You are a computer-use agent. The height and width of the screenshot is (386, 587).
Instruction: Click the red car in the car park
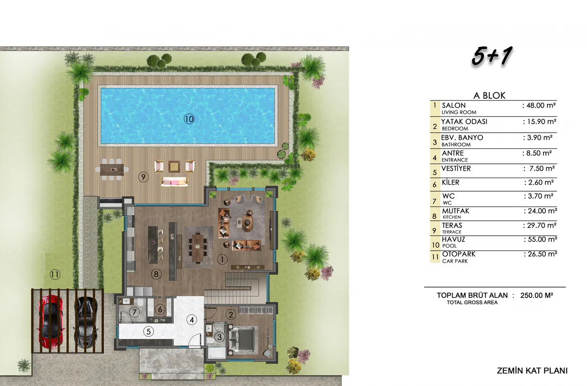tap(51, 322)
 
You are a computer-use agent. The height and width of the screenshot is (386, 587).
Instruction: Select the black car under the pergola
tap(86, 322)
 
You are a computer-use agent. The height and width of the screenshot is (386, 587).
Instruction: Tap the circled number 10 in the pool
tap(189, 119)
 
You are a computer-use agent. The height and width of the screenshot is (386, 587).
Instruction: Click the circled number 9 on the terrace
tap(143, 177)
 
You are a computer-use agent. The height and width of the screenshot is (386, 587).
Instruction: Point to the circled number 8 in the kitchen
tap(156, 274)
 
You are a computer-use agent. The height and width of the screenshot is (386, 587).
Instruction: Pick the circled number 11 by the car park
tap(55, 274)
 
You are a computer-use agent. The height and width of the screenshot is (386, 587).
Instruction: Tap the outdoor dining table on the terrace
tap(112, 170)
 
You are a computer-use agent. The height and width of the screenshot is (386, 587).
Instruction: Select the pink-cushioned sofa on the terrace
tap(175, 182)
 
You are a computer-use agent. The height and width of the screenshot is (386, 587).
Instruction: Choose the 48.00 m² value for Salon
tap(539, 105)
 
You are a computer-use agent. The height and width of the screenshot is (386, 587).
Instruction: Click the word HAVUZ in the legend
tap(453, 239)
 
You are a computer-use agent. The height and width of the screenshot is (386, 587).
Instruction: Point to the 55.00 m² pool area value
tap(541, 239)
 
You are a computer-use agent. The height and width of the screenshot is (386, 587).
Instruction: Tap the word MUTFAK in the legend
tap(455, 211)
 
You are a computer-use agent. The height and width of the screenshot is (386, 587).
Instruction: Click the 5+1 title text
tap(492, 56)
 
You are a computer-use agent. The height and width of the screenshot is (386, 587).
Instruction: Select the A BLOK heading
tap(489, 96)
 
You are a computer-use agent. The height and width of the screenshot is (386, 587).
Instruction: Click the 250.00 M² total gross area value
tap(537, 295)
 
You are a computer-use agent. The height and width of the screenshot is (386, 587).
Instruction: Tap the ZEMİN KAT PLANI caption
tap(532, 371)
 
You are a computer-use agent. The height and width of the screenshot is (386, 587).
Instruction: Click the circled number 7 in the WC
tap(135, 312)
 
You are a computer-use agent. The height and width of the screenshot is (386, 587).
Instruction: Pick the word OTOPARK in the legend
tap(459, 254)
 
